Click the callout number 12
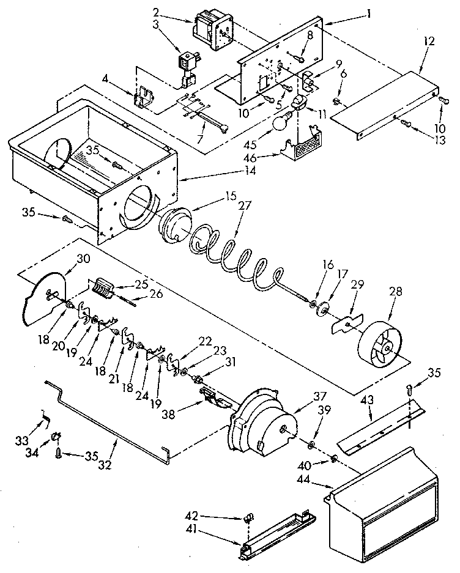click(x=429, y=41)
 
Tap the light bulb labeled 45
click(x=279, y=124)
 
